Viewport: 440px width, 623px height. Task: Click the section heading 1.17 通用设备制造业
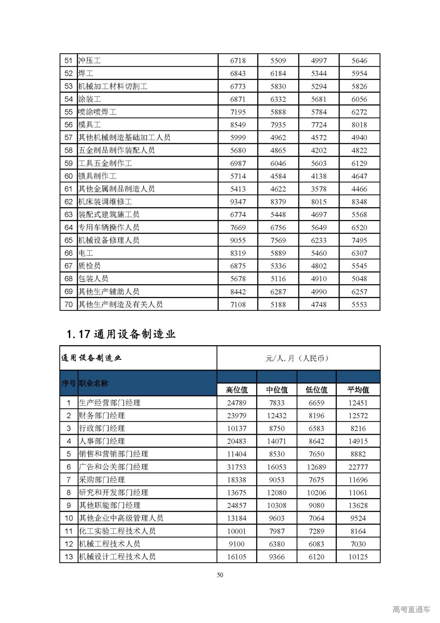click(121, 334)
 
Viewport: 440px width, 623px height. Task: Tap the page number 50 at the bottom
click(220, 575)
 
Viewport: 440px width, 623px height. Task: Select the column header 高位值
click(237, 390)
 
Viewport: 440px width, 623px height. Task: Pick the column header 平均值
click(358, 390)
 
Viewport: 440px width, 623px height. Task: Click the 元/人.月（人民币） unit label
click(298, 358)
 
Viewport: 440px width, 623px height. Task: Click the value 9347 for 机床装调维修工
click(238, 202)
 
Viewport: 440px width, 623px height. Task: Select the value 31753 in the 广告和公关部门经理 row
click(237, 467)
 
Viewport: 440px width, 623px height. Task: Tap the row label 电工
click(86, 253)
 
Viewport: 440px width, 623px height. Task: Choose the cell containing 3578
click(319, 189)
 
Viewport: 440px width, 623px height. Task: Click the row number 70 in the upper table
click(69, 305)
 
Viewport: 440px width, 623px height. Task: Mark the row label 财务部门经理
click(102, 416)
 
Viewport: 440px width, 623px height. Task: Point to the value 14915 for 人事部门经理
click(358, 441)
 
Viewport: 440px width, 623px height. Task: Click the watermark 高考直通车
click(411, 610)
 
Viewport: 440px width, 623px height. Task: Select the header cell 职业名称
click(93, 383)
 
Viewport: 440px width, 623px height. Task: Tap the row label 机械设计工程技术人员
click(117, 557)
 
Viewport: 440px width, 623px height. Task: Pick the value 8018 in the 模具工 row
click(359, 125)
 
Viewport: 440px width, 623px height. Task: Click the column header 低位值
click(317, 390)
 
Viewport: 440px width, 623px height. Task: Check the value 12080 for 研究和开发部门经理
click(277, 493)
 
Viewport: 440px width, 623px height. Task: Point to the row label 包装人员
click(93, 279)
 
